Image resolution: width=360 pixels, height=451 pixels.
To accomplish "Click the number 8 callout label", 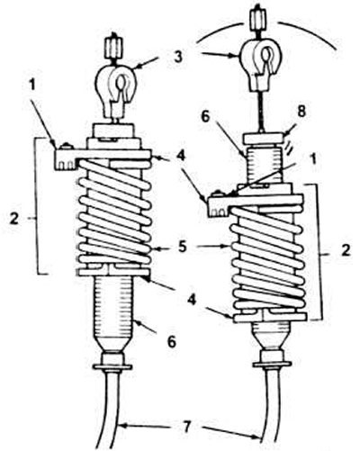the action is coord(301,113).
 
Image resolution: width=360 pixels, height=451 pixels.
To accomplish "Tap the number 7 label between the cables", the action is coord(186,427).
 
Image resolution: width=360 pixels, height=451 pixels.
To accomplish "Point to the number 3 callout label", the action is coord(178,57).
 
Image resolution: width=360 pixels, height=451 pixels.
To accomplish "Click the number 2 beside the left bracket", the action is coord(14,219).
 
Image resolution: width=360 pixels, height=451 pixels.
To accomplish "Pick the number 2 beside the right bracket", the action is coord(346,250).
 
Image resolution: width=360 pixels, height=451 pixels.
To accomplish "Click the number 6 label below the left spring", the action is coord(171,340).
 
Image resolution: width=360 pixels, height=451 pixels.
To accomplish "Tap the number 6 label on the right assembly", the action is coord(206,117).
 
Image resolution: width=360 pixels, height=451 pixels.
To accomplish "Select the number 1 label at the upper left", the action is coord(31,85).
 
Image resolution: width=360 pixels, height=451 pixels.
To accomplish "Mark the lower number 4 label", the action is coord(192,299).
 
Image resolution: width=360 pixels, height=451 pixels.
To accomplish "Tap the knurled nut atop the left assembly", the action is coord(112,49).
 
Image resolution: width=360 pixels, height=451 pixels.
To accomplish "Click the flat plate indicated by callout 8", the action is coord(263,139).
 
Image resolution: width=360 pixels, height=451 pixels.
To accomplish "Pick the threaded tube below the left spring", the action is coord(113,313).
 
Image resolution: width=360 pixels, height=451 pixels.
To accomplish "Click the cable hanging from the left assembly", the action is coord(111,411).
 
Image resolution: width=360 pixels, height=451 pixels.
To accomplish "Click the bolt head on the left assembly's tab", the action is coord(67,147).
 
